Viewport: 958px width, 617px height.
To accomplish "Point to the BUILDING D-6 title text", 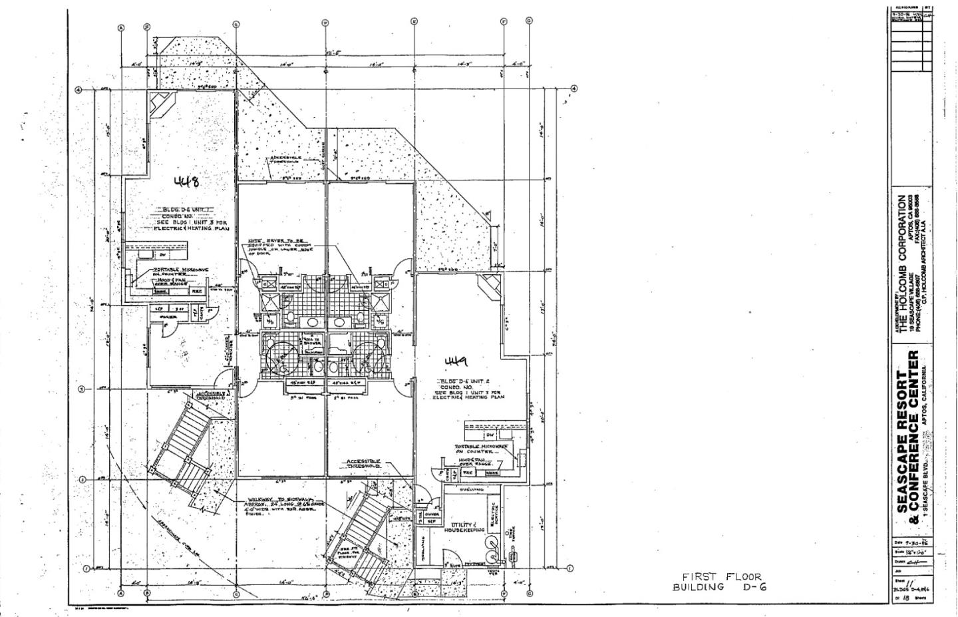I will point(720,587).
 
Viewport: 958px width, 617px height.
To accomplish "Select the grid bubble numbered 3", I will point(82,389).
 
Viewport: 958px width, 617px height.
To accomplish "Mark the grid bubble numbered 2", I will point(82,480).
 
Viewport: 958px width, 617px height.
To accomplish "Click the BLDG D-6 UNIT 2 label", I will point(464,381).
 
